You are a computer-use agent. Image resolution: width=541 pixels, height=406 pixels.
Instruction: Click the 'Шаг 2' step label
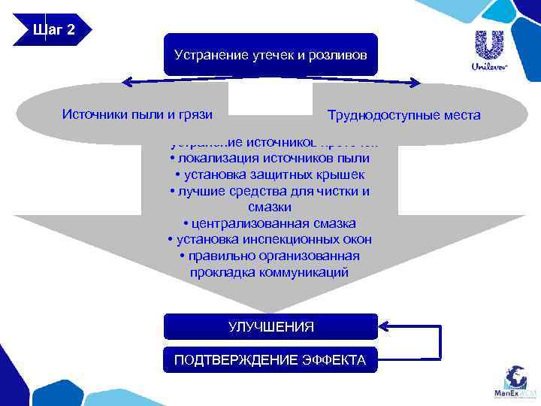pyautogui.click(x=53, y=30)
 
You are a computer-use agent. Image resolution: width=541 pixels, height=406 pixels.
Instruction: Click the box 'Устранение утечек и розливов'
pyautogui.click(x=270, y=54)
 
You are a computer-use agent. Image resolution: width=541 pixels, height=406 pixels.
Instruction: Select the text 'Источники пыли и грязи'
pyautogui.click(x=137, y=114)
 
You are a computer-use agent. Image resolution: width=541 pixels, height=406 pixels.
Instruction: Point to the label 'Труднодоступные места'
pyautogui.click(x=403, y=116)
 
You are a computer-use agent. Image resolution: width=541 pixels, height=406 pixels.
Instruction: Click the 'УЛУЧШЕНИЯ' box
pyautogui.click(x=270, y=326)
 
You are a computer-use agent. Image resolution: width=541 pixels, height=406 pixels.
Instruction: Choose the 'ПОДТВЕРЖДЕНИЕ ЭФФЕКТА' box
pyautogui.click(x=270, y=360)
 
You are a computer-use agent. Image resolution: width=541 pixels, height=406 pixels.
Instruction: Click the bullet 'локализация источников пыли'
pyautogui.click(x=270, y=159)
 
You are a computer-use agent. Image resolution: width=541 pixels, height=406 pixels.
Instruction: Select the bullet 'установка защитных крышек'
pyautogui.click(x=270, y=174)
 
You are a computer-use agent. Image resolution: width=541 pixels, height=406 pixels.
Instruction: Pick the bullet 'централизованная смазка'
pyautogui.click(x=270, y=223)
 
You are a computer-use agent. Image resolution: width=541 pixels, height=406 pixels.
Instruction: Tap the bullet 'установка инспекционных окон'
pyautogui.click(x=270, y=240)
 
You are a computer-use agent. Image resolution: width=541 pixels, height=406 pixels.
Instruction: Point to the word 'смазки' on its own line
pyautogui.click(x=269, y=207)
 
